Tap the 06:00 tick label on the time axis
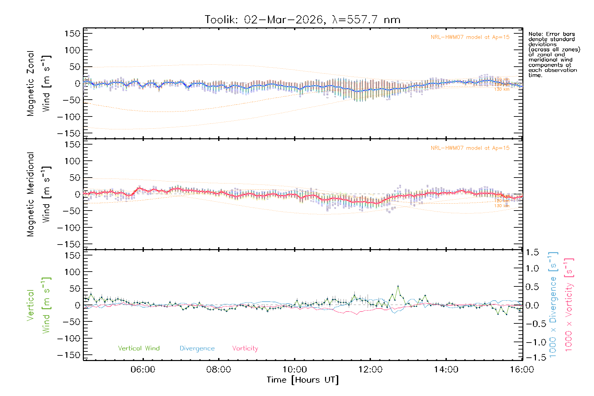click(x=143, y=370)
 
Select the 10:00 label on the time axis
click(x=295, y=370)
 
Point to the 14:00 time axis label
click(x=446, y=370)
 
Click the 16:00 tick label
click(x=522, y=370)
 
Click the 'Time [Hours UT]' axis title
click(x=303, y=380)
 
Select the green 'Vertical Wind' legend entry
click(x=139, y=348)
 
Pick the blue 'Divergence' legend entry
click(x=197, y=348)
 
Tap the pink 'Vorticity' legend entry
click(x=245, y=348)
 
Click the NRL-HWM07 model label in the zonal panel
click(x=470, y=37)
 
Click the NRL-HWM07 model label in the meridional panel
click(x=470, y=148)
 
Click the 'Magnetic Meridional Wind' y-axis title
click(x=39, y=194)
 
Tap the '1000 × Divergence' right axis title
click(x=553, y=304)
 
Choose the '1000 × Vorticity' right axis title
click(x=569, y=304)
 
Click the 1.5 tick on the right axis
click(x=532, y=253)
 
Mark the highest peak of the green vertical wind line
click(x=398, y=286)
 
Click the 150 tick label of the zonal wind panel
click(x=72, y=34)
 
